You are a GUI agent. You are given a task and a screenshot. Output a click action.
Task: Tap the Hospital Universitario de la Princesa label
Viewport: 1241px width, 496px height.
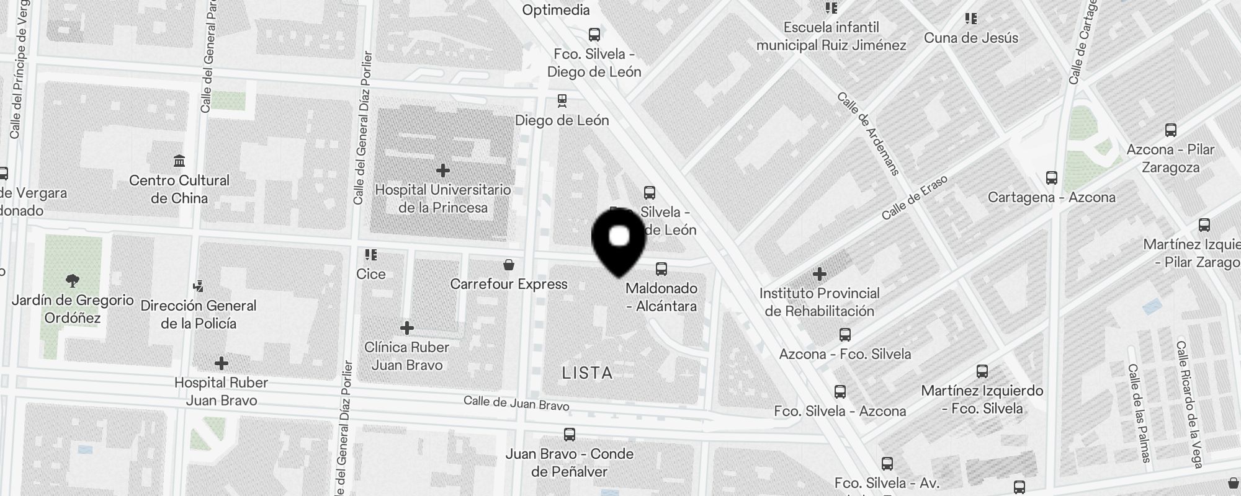pyautogui.click(x=442, y=198)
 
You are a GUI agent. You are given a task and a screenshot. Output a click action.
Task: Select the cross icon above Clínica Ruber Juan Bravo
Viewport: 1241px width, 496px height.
pyautogui.click(x=407, y=327)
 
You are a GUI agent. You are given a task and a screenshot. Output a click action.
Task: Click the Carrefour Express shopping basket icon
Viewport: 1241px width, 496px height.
pyautogui.click(x=509, y=265)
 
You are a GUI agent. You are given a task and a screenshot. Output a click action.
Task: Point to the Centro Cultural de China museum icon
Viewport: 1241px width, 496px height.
pyautogui.click(x=179, y=161)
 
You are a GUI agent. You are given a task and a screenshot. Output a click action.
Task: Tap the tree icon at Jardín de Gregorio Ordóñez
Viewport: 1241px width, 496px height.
pyautogui.click(x=73, y=281)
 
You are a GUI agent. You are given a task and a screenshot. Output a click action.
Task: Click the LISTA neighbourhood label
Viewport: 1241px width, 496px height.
pyautogui.click(x=587, y=373)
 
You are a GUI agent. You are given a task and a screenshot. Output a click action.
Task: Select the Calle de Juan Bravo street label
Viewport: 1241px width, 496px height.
pyautogui.click(x=516, y=403)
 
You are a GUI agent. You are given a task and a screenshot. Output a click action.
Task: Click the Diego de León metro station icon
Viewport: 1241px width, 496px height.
pyautogui.click(x=562, y=100)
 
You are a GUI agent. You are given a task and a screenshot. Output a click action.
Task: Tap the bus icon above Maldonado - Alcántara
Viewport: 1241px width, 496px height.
pyautogui.click(x=661, y=269)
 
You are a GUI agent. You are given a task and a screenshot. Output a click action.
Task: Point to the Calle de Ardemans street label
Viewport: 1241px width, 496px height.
pyautogui.click(x=867, y=133)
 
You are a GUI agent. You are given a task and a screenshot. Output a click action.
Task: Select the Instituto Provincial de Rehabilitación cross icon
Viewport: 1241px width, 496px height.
pyautogui.click(x=819, y=273)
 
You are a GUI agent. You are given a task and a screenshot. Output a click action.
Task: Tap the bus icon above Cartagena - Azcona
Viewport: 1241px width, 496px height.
pyautogui.click(x=1052, y=178)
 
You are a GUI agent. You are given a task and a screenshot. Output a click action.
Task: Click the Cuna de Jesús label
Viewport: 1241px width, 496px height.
pyautogui.click(x=971, y=38)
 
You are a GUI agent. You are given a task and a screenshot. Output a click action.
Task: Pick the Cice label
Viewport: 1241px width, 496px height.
pyautogui.click(x=371, y=274)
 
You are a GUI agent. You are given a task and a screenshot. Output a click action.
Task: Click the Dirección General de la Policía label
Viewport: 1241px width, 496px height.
pyautogui.click(x=198, y=314)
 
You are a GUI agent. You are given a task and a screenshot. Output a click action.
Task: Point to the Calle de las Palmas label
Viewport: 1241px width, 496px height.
pyautogui.click(x=1139, y=413)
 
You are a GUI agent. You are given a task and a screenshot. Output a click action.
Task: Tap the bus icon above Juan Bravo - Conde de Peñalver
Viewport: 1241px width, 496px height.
pyautogui.click(x=569, y=435)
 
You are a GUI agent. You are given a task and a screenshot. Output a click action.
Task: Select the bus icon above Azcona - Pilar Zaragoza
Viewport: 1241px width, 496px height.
pyautogui.click(x=1171, y=130)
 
